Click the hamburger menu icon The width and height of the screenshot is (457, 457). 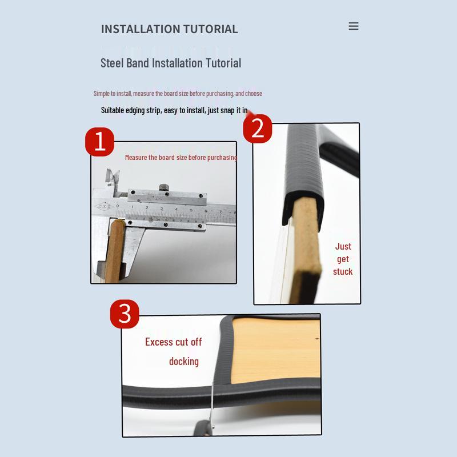coord(354,26)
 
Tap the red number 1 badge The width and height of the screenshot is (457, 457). coord(99,142)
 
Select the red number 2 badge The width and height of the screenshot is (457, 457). coord(258,129)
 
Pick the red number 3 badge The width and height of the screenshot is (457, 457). coord(125,314)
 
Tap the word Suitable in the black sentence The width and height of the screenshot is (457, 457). coord(112,110)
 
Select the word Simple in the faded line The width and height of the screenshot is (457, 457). coord(102,94)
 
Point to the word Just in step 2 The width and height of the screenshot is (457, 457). coord(343,247)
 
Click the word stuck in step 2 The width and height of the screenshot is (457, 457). coord(343,272)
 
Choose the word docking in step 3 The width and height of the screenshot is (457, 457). coord(184,362)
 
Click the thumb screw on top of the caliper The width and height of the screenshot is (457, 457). coord(164,187)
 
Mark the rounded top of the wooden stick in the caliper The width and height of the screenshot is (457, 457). coord(118,223)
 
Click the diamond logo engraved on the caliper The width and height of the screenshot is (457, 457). coord(104,207)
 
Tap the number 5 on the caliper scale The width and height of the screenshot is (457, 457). coord(191,210)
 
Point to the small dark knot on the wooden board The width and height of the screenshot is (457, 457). coord(317,339)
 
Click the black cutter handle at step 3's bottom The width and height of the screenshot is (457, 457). coord(203,428)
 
